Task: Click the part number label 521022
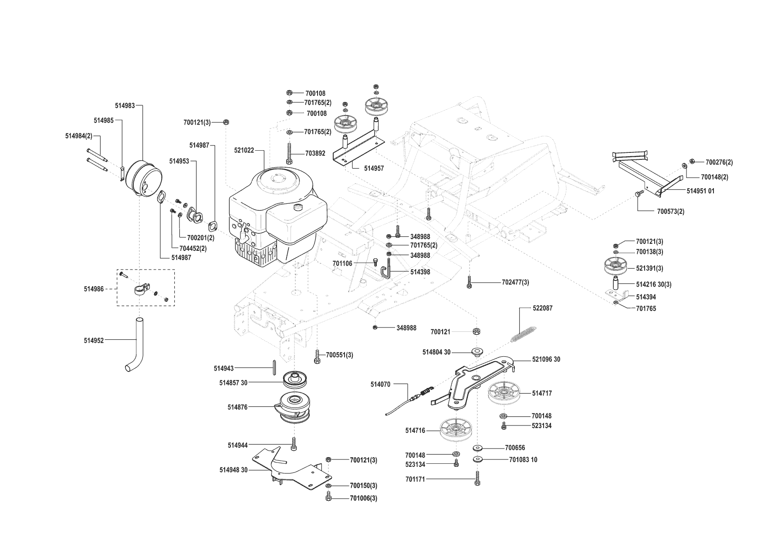[244, 150]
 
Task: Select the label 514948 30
[233, 470]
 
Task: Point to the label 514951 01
[700, 191]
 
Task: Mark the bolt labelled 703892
[290, 154]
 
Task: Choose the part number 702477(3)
[515, 282]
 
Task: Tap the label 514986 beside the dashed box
[94, 289]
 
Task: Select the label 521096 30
[546, 359]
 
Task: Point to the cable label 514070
[380, 384]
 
